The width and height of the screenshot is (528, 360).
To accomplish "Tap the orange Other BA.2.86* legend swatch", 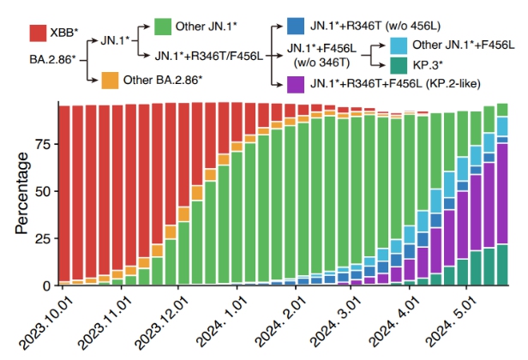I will pyautogui.click(x=108, y=81).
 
